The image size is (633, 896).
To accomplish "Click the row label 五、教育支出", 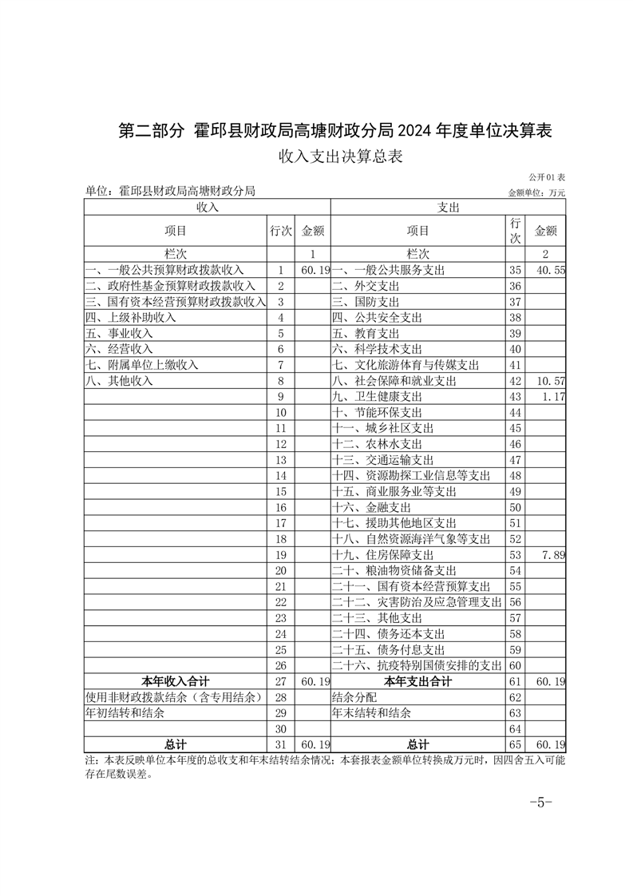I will coord(366,333).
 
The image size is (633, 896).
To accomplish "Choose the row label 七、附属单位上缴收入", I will coord(141,365).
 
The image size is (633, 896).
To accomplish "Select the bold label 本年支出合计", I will coord(417,681).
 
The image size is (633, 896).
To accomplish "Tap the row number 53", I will coord(515,555).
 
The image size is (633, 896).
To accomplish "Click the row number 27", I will coord(280,681).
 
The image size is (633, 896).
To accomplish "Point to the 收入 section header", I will coord(208,207).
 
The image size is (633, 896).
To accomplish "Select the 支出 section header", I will coord(448,207).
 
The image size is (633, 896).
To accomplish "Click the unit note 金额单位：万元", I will coord(536,192).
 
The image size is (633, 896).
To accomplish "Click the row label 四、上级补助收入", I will coord(131,317).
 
